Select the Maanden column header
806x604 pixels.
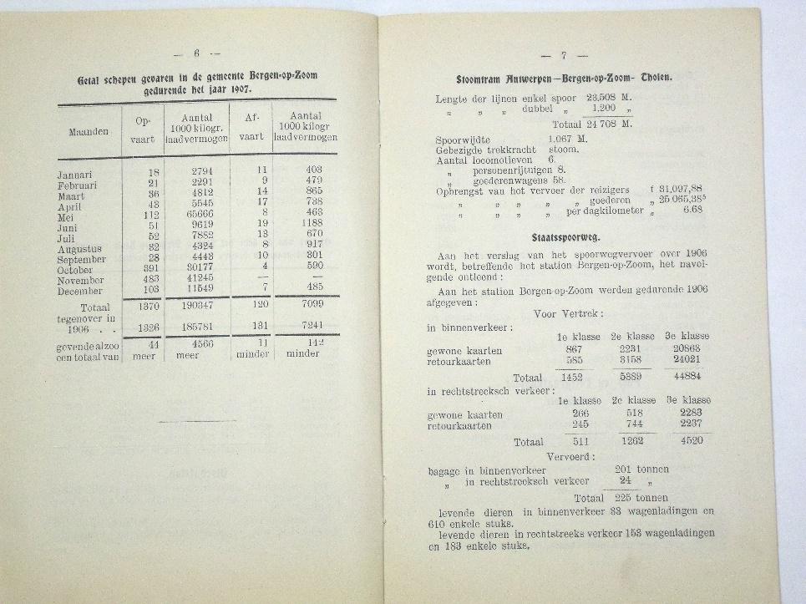tap(89, 132)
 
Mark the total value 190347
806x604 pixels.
tap(197, 306)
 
